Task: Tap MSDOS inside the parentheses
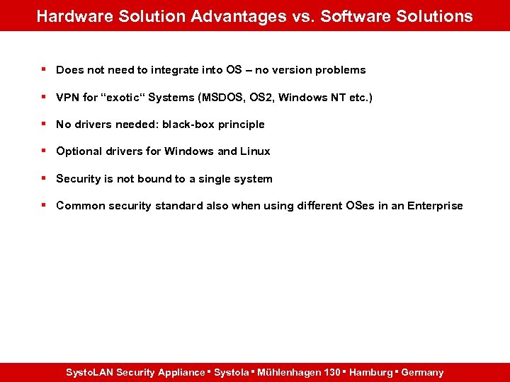[225, 97]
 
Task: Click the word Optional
[79, 151]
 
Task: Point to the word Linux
[255, 151]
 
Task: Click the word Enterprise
[435, 206]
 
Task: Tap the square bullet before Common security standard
[44, 205]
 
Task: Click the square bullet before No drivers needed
[44, 124]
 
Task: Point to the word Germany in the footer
[422, 372]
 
